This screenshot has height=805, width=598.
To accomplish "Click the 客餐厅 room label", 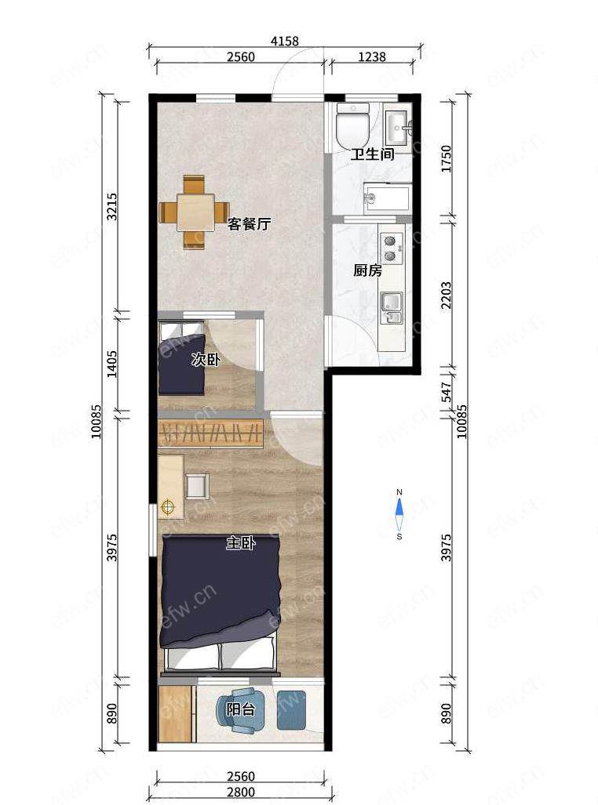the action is coord(250,224).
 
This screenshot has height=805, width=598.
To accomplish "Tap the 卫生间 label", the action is coord(372,154).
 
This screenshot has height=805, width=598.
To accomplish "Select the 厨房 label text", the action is coord(367,270).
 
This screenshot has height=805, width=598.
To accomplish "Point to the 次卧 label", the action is coord(206,359).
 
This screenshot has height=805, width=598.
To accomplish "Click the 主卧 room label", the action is coord(241,543).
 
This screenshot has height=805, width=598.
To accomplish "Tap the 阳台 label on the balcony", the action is coord(241,709).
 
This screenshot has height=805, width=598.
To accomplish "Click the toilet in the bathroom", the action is coord(352,125).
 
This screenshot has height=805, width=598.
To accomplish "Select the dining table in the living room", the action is coord(195,212).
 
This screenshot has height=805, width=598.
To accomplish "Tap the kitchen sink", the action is coord(392,308).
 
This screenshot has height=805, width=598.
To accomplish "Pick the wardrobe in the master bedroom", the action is coord(211,433).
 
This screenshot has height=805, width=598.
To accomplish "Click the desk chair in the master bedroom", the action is coord(198,486).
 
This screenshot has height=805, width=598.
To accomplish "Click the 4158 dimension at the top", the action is coord(285,41).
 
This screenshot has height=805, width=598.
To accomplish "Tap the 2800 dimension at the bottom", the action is coord(241,792).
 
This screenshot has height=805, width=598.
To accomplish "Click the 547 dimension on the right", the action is coord(446,392).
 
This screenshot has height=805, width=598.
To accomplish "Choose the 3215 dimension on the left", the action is coord(111,206).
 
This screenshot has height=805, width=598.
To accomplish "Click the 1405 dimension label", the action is coord(111,364).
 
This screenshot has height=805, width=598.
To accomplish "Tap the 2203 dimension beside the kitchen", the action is coord(446,295).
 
